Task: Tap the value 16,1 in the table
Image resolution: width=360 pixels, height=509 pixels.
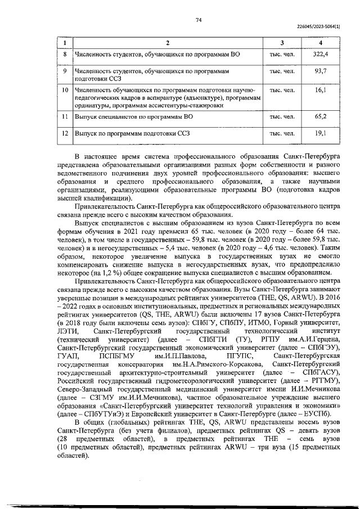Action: [x=321, y=89]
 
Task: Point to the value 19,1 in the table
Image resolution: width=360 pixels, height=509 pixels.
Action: [x=321, y=133]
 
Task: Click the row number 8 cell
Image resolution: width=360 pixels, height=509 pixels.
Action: [x=65, y=54]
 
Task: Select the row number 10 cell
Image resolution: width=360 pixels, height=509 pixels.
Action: [x=65, y=89]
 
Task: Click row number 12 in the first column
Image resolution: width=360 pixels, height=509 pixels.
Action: [x=65, y=133]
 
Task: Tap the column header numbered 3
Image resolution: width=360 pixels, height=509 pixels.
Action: [x=282, y=43]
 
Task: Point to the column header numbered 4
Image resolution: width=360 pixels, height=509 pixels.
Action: [x=321, y=43]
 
